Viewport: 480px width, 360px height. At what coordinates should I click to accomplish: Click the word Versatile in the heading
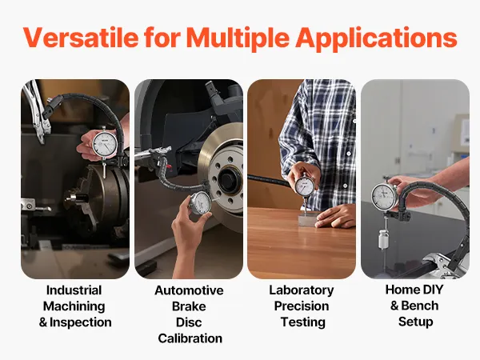81,38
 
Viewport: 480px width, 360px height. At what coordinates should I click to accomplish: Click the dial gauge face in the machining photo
104,143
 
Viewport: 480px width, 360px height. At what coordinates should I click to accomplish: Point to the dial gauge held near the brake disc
201,203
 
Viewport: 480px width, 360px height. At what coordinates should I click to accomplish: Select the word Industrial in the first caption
74,290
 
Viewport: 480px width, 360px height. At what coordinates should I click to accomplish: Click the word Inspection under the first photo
81,322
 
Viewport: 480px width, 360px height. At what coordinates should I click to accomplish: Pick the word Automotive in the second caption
189,290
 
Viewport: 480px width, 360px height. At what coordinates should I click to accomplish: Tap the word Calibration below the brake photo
190,338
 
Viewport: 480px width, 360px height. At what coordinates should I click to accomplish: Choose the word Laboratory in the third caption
302,290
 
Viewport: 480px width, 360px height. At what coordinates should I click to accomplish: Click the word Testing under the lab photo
303,322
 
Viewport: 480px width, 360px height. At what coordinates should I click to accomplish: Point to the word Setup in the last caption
416,322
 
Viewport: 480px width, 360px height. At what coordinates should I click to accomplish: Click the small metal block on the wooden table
307,220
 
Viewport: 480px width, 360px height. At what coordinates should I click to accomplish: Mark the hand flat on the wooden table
335,216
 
